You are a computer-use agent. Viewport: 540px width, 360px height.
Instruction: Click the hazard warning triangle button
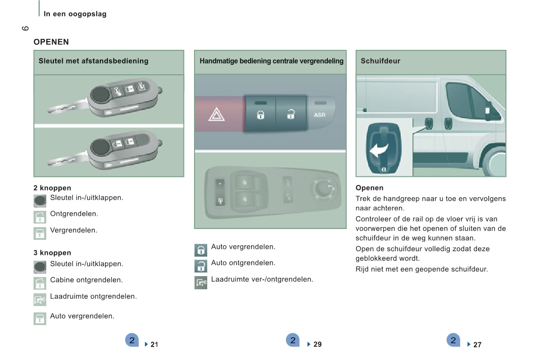click(x=217, y=114)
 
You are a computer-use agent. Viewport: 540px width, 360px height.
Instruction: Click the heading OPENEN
click(x=51, y=42)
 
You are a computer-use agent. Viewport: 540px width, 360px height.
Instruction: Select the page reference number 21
click(x=154, y=345)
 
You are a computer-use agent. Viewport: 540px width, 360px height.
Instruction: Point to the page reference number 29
click(x=317, y=344)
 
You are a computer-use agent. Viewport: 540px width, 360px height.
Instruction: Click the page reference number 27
click(x=477, y=345)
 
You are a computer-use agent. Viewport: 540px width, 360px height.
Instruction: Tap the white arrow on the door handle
click(x=379, y=150)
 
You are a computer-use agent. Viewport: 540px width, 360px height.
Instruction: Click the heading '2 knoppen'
click(x=52, y=188)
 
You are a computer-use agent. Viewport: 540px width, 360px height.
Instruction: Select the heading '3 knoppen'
click(x=52, y=253)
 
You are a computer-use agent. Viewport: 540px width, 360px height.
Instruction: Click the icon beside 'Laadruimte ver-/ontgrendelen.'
click(x=201, y=283)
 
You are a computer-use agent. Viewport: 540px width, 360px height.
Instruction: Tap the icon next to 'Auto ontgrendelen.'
click(x=201, y=266)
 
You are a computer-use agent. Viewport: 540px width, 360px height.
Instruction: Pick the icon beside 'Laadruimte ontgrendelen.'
click(x=40, y=299)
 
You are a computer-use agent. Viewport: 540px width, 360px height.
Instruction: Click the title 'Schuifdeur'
click(x=380, y=61)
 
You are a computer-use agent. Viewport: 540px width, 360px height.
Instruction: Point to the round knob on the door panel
click(x=322, y=188)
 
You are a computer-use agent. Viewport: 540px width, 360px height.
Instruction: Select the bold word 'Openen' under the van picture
click(x=370, y=188)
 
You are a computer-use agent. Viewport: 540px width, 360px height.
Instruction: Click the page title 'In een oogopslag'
click(x=75, y=14)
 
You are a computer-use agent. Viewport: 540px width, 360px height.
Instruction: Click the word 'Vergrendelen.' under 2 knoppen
click(x=74, y=230)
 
